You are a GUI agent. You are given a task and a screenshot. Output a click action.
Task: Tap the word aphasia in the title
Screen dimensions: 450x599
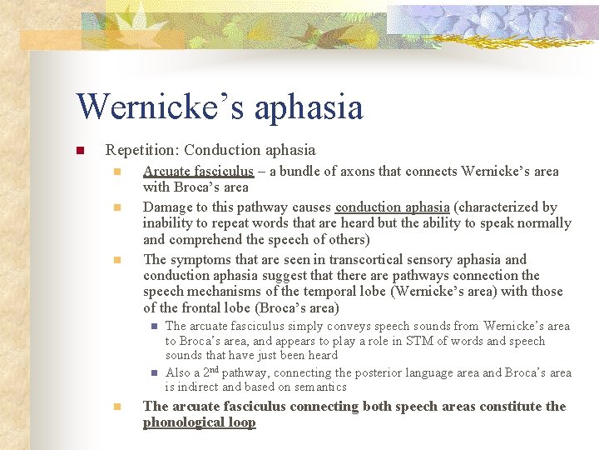[x=309, y=108]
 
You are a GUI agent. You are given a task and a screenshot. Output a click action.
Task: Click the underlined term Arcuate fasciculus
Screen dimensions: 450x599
[x=198, y=172]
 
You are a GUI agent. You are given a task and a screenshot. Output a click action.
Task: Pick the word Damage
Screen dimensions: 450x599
[x=170, y=207]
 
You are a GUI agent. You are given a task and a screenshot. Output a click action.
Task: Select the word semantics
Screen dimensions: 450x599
[x=320, y=387]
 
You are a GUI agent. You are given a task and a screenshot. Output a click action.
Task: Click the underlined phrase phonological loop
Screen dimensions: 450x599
[x=200, y=422]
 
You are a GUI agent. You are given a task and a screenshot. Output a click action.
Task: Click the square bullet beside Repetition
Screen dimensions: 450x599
[x=81, y=151]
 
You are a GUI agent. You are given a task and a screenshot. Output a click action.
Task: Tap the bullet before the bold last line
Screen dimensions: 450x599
[x=117, y=407]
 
